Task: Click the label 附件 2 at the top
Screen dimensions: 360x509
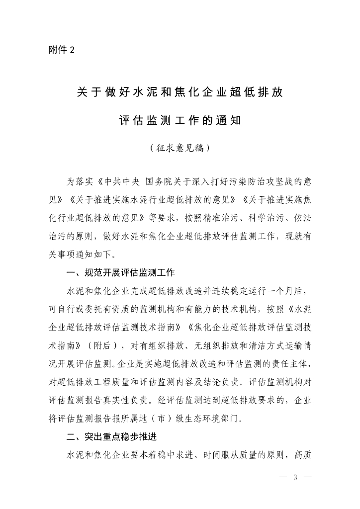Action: (x=61, y=50)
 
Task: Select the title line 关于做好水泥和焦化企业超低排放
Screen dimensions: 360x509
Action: (x=180, y=92)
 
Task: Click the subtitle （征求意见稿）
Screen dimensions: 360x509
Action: (x=180, y=148)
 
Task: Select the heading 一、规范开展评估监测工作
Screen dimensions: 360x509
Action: (x=120, y=273)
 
